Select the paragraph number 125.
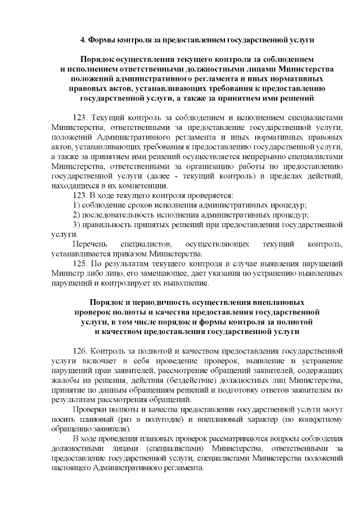(x=81, y=263)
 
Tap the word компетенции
(x=129, y=186)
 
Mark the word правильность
(x=110, y=225)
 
